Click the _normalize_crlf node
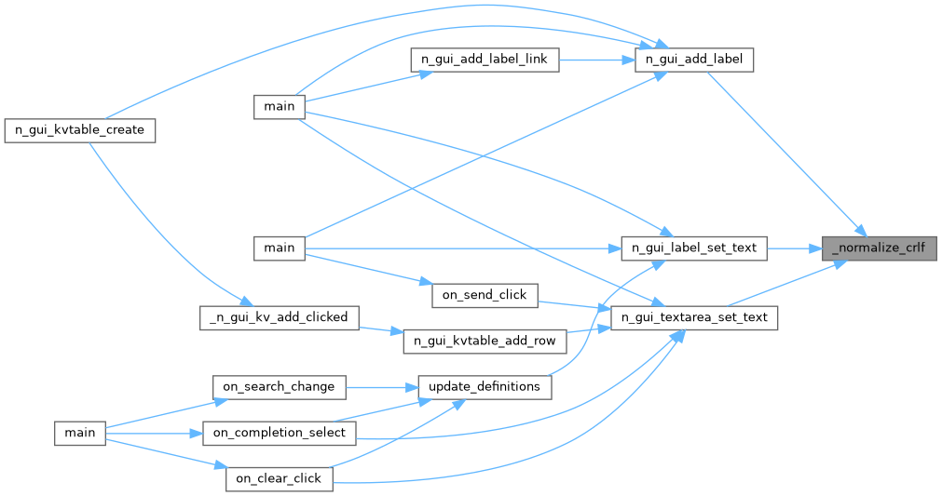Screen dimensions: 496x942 (878, 248)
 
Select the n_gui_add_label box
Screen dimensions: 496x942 (693, 60)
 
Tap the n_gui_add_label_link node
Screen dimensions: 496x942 (485, 60)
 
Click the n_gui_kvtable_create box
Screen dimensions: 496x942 (79, 129)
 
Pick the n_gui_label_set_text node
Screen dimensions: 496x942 (694, 248)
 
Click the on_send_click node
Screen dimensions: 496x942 (485, 295)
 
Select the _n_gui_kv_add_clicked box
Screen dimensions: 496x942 (280, 317)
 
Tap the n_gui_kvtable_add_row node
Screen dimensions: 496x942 (485, 341)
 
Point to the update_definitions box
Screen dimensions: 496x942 (485, 386)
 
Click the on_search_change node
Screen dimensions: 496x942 (280, 386)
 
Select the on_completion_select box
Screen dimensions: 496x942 (280, 433)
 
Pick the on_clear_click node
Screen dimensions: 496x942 (280, 478)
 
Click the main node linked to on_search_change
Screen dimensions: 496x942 (79, 433)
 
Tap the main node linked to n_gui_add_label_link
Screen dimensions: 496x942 (280, 106)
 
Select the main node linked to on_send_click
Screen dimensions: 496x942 (280, 248)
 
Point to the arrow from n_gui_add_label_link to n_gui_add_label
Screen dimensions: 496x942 (596, 60)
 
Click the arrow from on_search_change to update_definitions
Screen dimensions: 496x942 (382, 386)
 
